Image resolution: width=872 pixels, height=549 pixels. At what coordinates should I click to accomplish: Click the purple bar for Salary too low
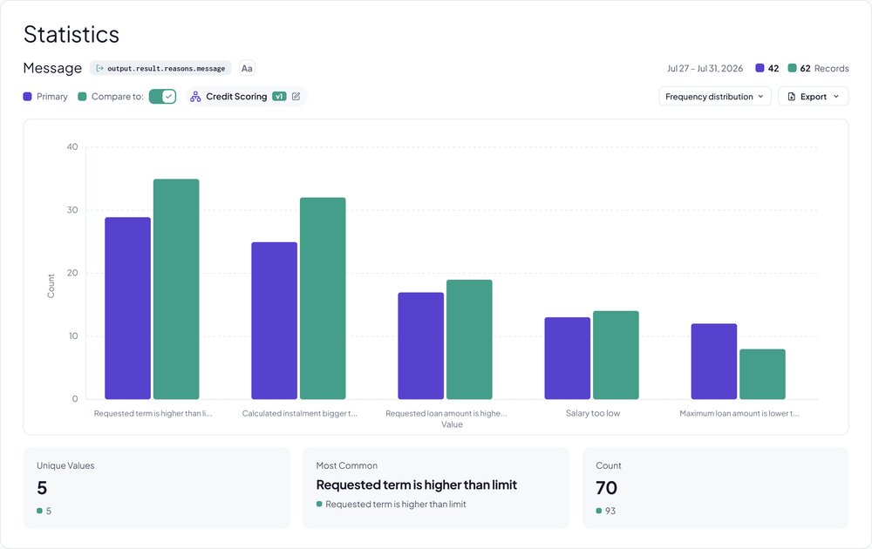click(568, 358)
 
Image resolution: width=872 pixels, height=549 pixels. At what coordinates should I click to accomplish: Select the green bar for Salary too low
click(616, 355)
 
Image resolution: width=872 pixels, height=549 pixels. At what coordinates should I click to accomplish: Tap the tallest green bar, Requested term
click(176, 289)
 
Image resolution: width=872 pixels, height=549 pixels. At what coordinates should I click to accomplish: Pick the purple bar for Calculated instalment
click(274, 321)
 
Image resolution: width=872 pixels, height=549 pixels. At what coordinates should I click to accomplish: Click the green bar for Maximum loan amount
click(762, 374)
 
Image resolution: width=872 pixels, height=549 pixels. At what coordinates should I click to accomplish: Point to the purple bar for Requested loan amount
click(421, 346)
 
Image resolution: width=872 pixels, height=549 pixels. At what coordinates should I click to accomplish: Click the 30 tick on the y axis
click(72, 210)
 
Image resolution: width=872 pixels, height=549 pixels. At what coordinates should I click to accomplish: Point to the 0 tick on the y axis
click(74, 399)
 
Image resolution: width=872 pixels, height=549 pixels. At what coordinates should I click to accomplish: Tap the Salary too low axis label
click(593, 413)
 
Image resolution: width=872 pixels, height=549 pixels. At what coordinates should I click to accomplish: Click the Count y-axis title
click(51, 286)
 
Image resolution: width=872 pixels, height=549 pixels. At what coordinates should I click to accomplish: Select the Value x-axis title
click(452, 424)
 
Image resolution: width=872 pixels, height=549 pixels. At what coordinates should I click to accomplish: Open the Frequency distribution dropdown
click(715, 96)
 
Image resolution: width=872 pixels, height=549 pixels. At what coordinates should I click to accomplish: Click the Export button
click(813, 96)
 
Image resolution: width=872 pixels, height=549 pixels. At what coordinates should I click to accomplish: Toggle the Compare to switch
click(162, 96)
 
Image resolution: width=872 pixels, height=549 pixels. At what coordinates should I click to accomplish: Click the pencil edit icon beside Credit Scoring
click(296, 96)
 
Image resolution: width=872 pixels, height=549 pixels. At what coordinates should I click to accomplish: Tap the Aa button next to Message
click(247, 68)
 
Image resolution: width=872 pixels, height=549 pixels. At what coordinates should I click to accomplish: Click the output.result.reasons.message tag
click(160, 68)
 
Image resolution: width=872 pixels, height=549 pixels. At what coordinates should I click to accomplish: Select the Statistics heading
click(72, 35)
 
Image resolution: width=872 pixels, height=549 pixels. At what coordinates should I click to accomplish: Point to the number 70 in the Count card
click(606, 488)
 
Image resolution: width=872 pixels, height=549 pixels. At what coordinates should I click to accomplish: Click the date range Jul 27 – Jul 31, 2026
click(705, 68)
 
